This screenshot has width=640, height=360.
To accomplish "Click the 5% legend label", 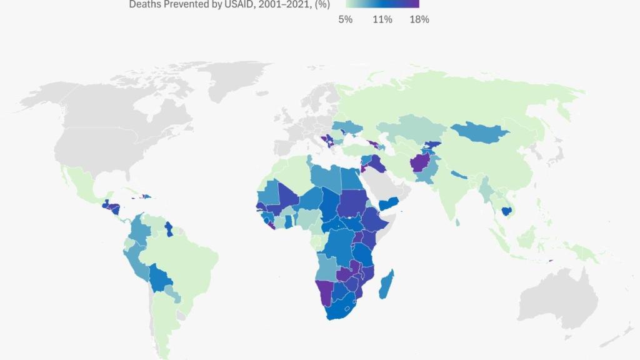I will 346,19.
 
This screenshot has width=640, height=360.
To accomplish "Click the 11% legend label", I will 382,19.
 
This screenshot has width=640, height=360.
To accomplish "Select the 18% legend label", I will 419,19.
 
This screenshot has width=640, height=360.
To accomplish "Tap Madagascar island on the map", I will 387,283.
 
